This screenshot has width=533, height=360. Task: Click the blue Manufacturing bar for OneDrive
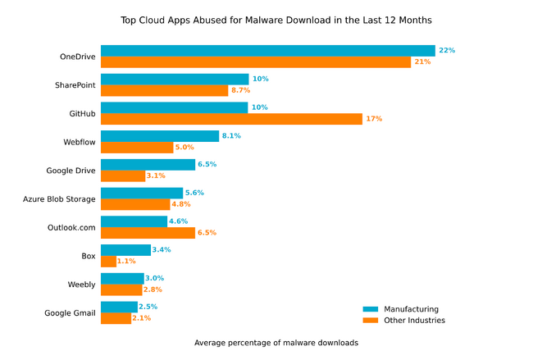[267, 51]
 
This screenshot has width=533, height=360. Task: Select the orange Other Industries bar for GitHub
[231, 119]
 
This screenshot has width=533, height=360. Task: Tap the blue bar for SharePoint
[175, 79]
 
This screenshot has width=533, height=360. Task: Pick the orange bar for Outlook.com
[148, 233]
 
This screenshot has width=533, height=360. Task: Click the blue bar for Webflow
[160, 136]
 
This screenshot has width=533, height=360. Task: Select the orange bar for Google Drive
[123, 175]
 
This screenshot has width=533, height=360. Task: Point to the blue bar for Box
[125, 249]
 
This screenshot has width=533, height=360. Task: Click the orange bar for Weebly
[121, 289]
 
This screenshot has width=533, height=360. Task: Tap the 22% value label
[447, 51]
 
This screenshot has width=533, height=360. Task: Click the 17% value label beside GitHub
[374, 119]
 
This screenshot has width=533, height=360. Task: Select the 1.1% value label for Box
[126, 261]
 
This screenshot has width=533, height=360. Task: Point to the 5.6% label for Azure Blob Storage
[194, 193]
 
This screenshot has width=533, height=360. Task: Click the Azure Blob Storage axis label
[59, 198]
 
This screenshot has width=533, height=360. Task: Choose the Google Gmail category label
[71, 312]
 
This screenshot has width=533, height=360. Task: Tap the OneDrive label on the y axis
[78, 57]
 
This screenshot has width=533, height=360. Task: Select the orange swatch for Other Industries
[369, 321]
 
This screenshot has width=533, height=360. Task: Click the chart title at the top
[266, 19]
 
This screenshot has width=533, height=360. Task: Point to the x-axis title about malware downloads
[276, 343]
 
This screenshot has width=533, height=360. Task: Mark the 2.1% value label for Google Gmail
[143, 318]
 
